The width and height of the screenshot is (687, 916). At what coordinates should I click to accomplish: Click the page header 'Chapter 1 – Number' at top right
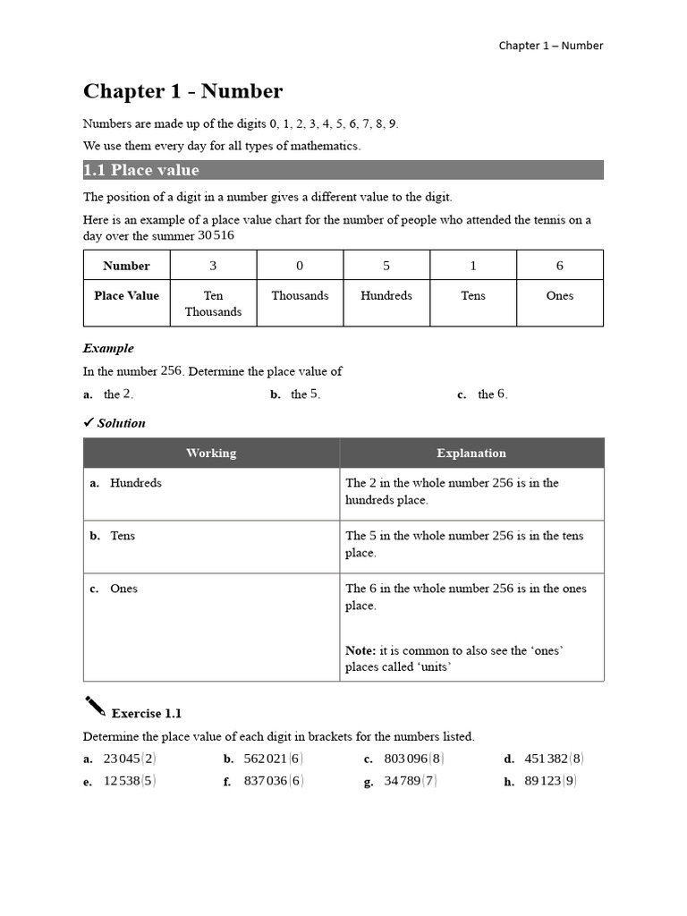[550, 46]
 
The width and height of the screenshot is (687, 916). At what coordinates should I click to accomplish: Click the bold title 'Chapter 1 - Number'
[182, 91]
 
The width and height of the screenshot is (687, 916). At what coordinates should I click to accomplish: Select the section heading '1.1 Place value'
[141, 170]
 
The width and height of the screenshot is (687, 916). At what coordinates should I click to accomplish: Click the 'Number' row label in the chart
[126, 266]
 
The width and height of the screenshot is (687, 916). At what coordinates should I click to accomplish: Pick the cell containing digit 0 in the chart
[300, 266]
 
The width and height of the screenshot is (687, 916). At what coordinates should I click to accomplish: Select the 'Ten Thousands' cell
[213, 303]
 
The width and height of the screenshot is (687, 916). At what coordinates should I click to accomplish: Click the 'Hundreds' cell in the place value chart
[386, 295]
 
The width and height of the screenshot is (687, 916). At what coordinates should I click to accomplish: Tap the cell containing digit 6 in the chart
[560, 266]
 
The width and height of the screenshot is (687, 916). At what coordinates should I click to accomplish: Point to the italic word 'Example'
[108, 348]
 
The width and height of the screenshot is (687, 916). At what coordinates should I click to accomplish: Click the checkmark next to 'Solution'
[89, 422]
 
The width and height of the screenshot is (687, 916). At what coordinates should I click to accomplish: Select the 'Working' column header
[211, 453]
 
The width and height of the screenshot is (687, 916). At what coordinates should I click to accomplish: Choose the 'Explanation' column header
[471, 453]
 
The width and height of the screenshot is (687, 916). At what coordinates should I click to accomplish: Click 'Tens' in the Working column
[123, 536]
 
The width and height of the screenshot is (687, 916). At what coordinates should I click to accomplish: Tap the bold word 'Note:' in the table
[361, 650]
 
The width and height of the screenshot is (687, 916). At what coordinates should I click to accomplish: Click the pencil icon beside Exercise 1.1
[94, 707]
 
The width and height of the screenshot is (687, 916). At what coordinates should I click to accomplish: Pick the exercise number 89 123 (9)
[550, 780]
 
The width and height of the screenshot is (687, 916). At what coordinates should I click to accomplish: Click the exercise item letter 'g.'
[369, 781]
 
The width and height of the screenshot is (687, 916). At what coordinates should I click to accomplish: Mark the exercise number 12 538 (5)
[130, 780]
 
